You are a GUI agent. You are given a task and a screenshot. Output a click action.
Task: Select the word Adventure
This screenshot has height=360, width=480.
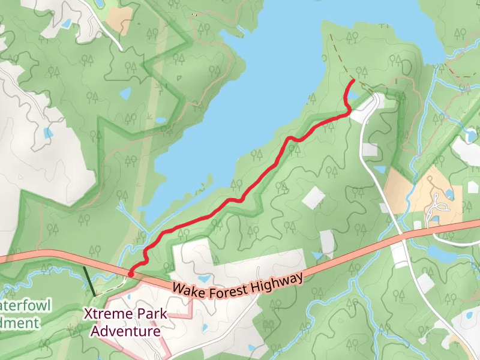125,331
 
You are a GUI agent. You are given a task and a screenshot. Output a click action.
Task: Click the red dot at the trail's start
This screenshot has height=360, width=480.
131,274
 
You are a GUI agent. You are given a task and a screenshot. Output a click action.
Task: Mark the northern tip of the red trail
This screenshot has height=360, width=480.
352,80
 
